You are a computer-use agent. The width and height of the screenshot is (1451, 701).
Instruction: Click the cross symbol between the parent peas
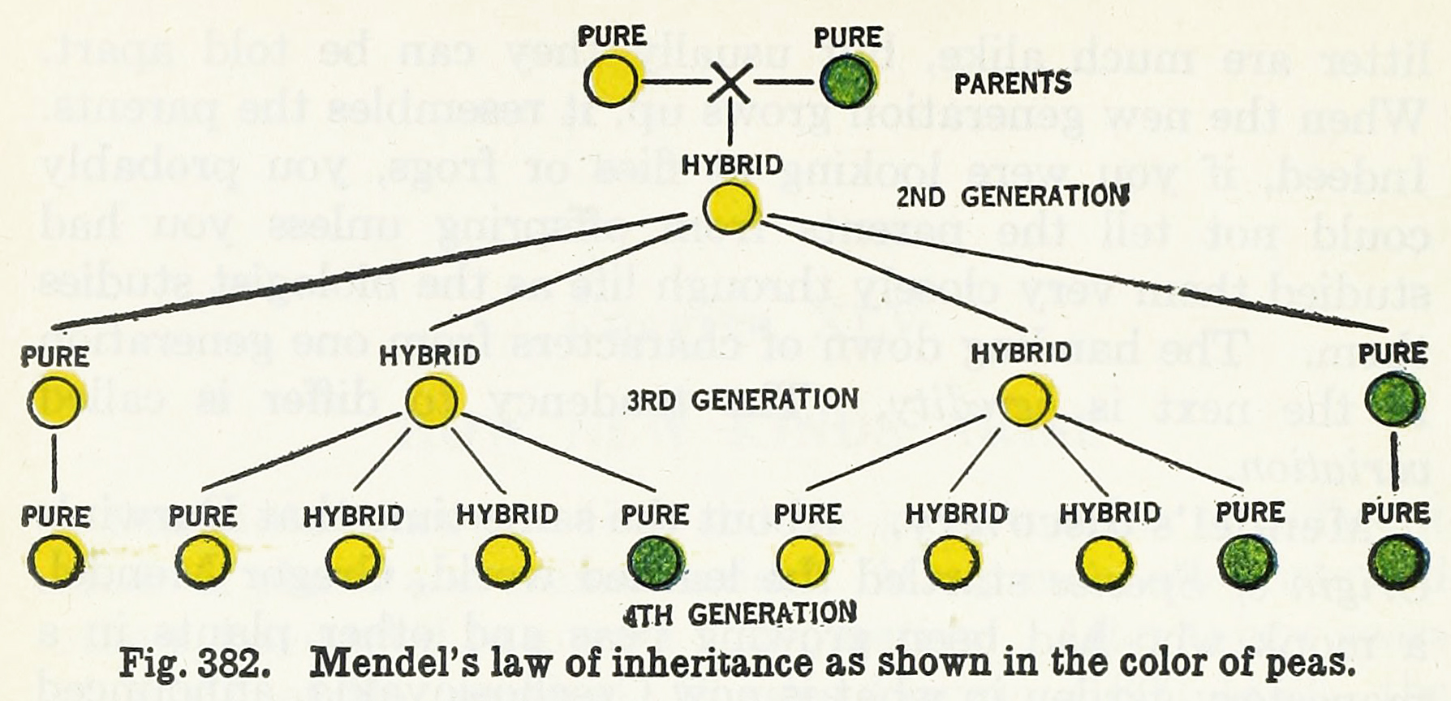(x=730, y=83)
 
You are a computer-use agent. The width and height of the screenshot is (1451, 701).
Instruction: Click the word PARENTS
(x=1012, y=84)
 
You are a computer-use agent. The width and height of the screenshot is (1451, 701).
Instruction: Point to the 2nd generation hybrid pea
(x=729, y=208)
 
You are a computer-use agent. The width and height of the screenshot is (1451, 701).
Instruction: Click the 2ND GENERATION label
(x=1012, y=197)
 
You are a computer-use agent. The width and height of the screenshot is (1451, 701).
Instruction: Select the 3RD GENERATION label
(x=742, y=400)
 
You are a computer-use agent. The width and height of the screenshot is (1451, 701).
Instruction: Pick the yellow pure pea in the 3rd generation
(x=54, y=401)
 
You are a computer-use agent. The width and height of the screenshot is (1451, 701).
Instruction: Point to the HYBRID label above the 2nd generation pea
(x=731, y=165)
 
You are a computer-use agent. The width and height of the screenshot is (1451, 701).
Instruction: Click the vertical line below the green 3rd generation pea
(x=1394, y=461)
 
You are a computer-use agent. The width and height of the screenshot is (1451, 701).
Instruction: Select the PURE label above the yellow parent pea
(x=612, y=37)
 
